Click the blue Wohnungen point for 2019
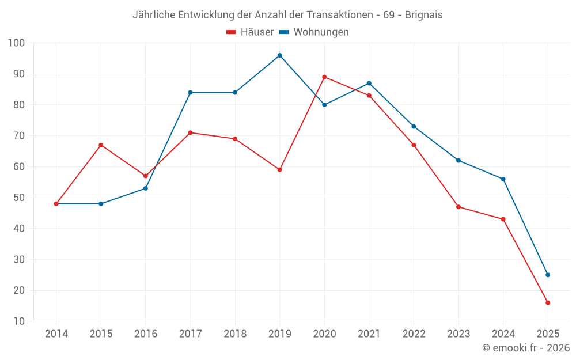click(x=279, y=55)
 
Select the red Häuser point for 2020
click(x=324, y=77)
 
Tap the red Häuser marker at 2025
click(x=548, y=302)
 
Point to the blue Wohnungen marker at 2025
click(x=548, y=275)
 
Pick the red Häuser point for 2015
click(x=101, y=145)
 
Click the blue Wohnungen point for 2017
click(x=190, y=92)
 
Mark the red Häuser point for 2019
click(x=279, y=170)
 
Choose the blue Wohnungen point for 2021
click(x=369, y=83)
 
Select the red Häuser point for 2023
click(x=458, y=207)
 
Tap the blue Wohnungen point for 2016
click(x=146, y=188)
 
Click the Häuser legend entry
click(x=251, y=32)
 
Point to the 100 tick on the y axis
click(x=17, y=43)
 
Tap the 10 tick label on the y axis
click(x=20, y=321)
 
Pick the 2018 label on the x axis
click(x=235, y=334)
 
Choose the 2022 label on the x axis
click(x=414, y=334)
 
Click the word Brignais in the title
click(x=423, y=15)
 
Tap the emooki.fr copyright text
click(x=526, y=348)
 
